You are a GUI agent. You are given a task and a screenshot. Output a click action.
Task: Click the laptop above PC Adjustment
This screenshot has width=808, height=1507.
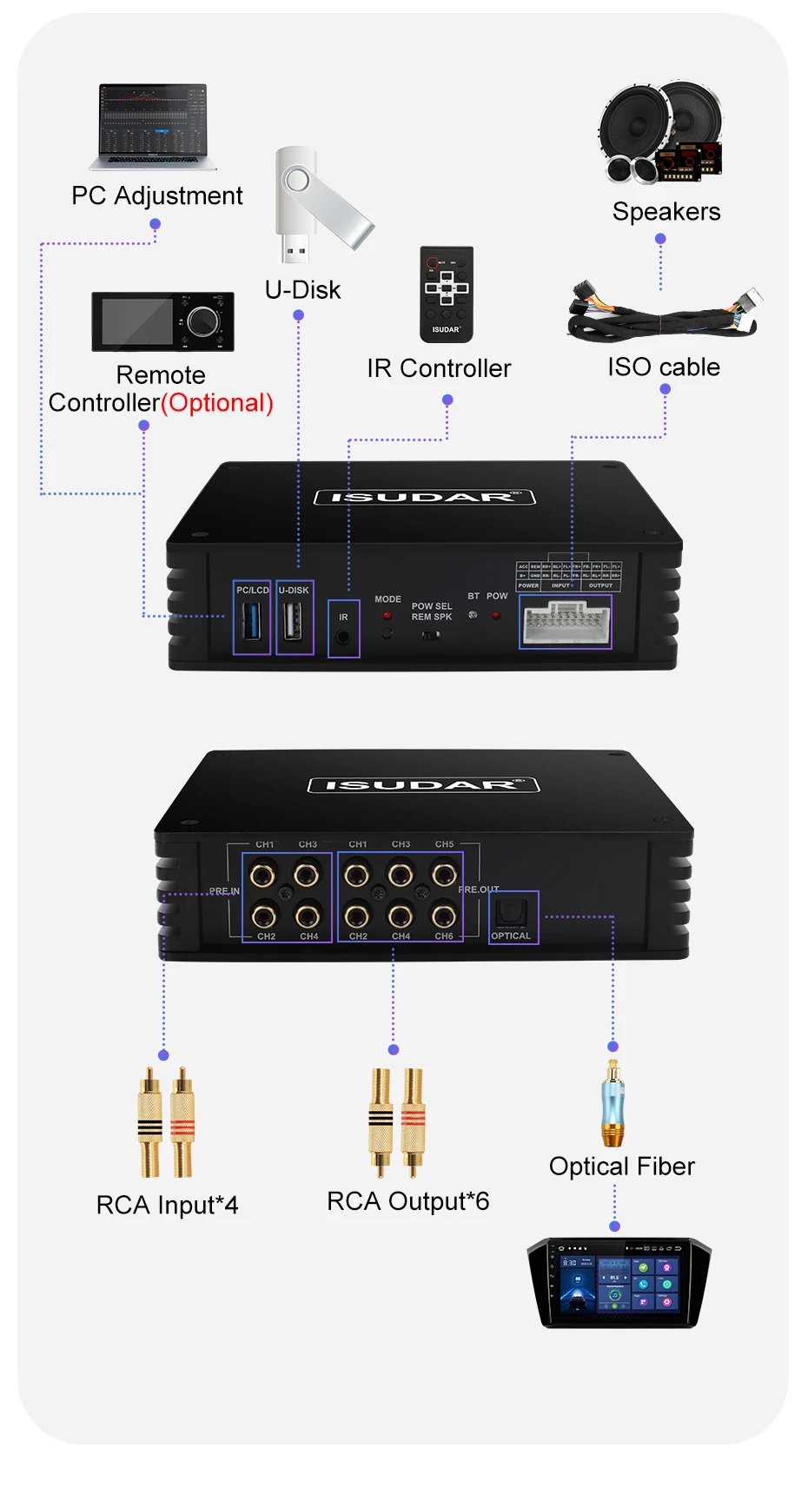pos(155,125)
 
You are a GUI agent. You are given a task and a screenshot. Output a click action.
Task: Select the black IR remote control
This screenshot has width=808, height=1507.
pos(447,293)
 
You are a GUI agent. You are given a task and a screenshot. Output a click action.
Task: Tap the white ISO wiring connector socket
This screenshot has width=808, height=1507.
pos(566,623)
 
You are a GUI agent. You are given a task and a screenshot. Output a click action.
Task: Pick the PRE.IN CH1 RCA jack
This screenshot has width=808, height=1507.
pos(263,874)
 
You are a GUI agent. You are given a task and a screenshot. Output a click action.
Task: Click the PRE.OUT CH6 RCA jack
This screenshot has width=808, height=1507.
pos(444,915)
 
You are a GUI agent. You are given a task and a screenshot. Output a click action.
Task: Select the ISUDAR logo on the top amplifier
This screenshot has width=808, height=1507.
pos(424,497)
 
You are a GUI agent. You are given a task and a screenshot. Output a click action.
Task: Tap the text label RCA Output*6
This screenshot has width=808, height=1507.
pos(407,1201)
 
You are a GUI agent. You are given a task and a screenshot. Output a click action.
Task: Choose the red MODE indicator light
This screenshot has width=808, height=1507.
pos(387,615)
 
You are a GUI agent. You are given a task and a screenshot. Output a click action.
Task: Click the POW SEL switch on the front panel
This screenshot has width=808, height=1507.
pos(431,635)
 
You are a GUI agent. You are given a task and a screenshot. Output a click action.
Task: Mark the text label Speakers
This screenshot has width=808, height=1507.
pos(666,212)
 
